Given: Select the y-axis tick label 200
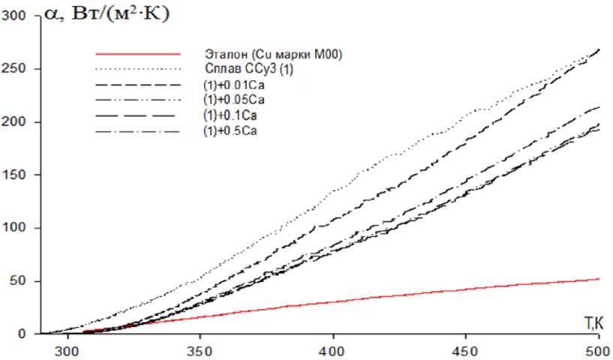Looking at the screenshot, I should [x=14, y=121].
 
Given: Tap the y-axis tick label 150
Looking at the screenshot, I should [x=14, y=175].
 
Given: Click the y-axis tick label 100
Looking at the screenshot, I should [x=14, y=228].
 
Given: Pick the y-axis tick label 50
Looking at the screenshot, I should [x=17, y=281].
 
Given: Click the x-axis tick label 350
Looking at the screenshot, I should [x=200, y=350].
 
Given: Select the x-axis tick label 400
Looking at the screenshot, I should [x=333, y=350].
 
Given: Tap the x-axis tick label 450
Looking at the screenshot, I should [x=466, y=350].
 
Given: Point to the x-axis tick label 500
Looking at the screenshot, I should [x=598, y=350].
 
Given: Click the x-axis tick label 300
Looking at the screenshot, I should [x=68, y=350].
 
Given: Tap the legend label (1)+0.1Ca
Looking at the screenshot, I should [x=232, y=115].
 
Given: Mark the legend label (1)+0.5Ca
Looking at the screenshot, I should [x=232, y=131].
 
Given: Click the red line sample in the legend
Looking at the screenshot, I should [x=139, y=54].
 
